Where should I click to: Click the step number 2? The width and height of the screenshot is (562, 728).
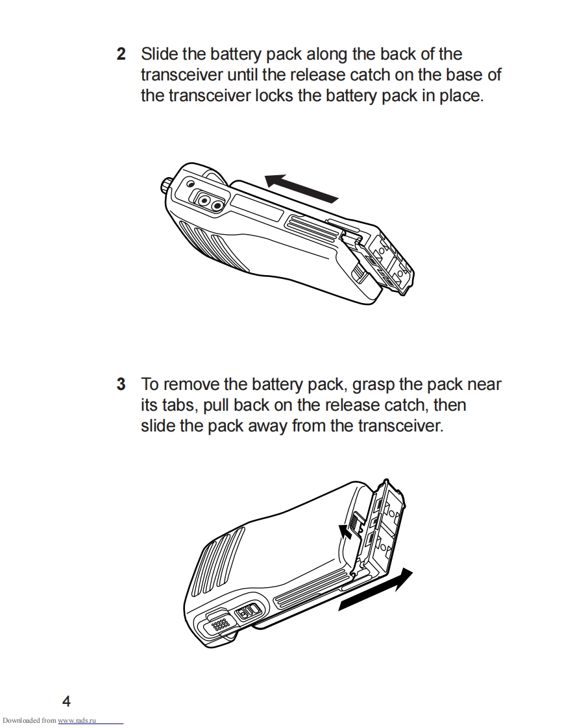pos(121,54)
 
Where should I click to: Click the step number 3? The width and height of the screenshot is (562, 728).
pos(121,384)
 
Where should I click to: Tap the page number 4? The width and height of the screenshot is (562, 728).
pos(66,701)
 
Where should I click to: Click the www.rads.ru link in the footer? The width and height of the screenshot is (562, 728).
pos(77,721)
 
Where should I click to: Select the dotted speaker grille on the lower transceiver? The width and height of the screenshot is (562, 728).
pos(219,624)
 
